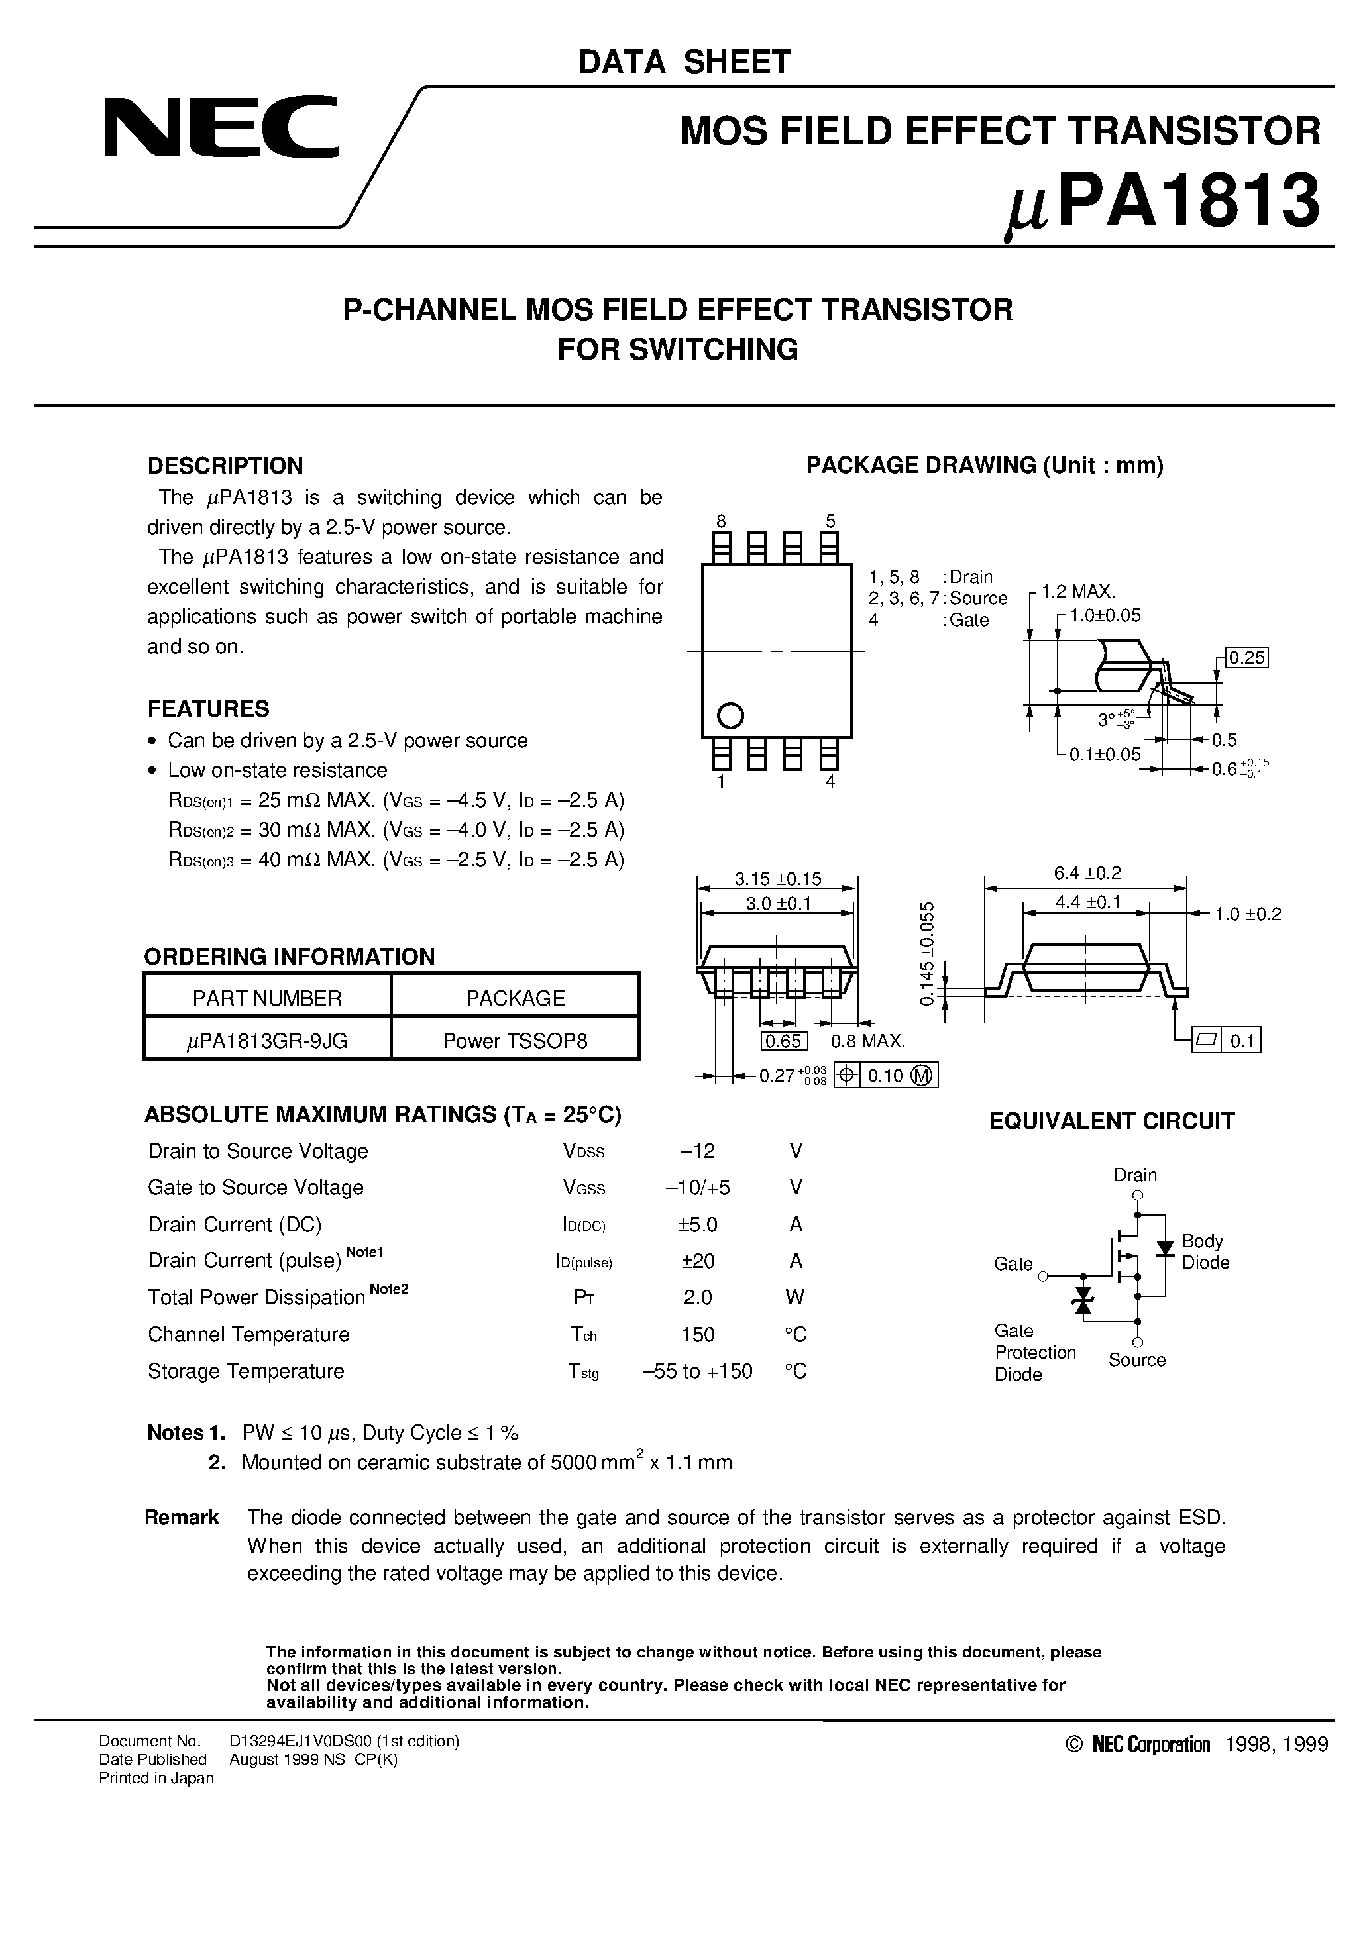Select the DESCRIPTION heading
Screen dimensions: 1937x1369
(225, 466)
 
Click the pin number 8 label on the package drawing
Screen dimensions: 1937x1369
(721, 521)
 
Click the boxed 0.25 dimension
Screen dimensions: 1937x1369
(1246, 657)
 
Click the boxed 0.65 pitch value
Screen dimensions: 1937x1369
(783, 1041)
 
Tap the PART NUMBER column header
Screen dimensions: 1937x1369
(267, 998)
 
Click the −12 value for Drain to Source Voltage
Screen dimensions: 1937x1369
(697, 1151)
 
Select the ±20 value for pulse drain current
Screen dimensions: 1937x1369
(697, 1261)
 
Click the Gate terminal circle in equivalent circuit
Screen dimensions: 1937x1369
(1042, 1276)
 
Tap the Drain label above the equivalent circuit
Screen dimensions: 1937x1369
(1135, 1175)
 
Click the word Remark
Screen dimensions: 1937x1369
(182, 1518)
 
